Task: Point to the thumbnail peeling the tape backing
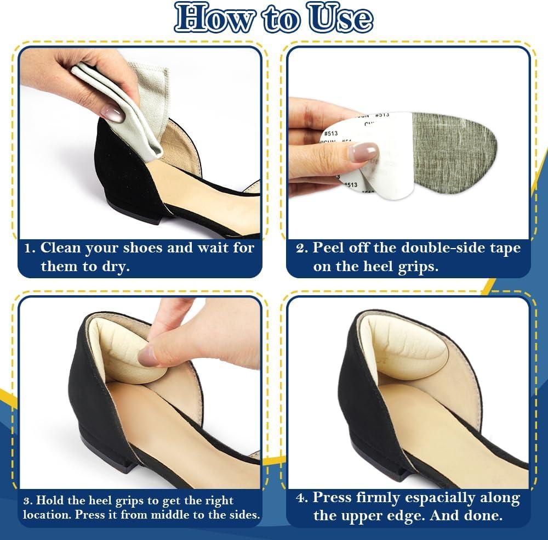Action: pyautogui.click(x=363, y=151)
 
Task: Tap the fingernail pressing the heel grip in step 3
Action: pyautogui.click(x=150, y=358)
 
